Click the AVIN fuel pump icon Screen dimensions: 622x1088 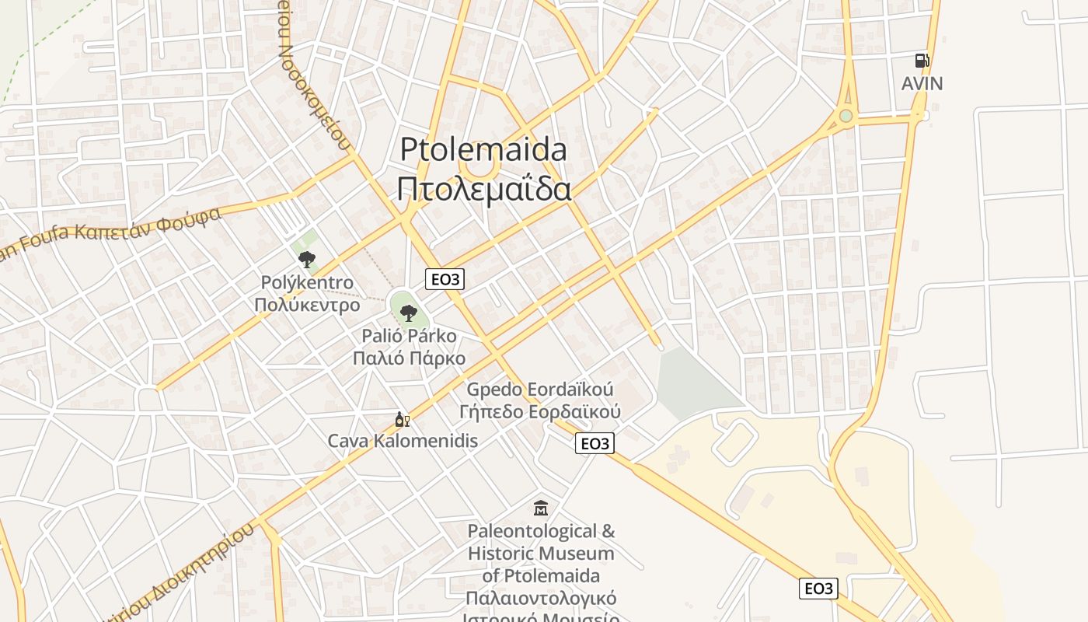922,60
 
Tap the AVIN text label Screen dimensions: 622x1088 922,83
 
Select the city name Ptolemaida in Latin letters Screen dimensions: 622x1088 483,149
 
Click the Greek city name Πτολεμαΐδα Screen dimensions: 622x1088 484,189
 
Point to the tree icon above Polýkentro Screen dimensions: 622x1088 307,259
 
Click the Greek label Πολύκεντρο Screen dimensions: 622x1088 307,304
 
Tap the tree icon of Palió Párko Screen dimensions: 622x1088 408,313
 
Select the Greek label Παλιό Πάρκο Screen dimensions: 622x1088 409,358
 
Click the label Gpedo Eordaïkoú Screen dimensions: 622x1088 540,389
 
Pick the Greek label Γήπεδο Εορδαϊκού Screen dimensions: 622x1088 540,411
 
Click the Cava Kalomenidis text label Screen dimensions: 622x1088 403,441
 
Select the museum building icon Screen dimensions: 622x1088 541,508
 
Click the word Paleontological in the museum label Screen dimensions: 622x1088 541,531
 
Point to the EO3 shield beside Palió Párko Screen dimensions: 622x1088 445,279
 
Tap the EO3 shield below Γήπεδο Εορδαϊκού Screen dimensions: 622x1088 595,443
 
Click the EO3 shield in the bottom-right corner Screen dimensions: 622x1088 818,589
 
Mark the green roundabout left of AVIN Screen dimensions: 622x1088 846,117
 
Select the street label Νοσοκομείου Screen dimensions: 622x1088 314,93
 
